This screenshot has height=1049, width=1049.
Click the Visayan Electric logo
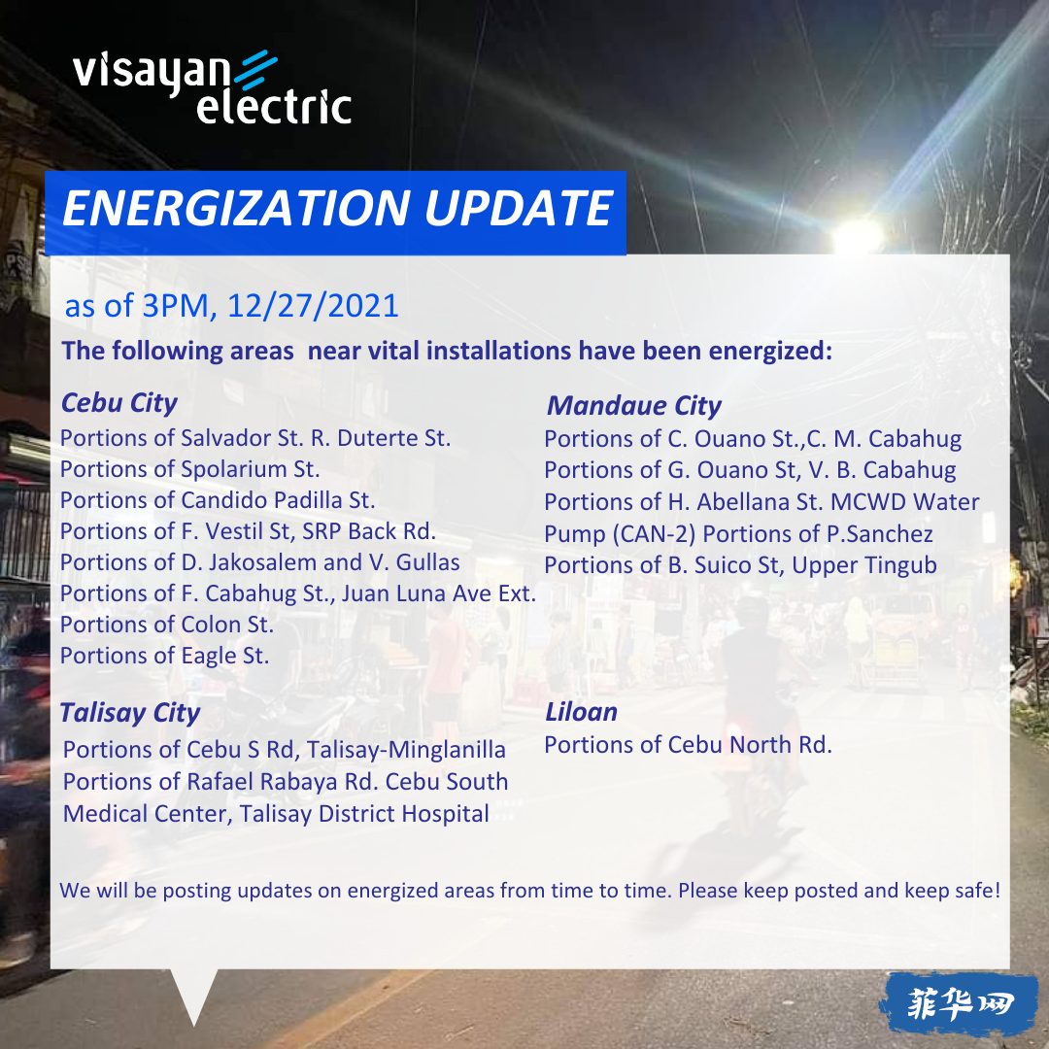pyautogui.click(x=212, y=87)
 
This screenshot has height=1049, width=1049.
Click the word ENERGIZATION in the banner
pyautogui.click(x=235, y=208)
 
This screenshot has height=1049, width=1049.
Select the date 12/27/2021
pyautogui.click(x=313, y=306)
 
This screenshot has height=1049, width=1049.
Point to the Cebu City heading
pyautogui.click(x=119, y=403)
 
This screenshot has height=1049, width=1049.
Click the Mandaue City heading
pyautogui.click(x=634, y=405)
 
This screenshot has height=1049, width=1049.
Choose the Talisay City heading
pyautogui.click(x=130, y=713)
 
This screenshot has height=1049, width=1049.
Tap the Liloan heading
pyautogui.click(x=582, y=712)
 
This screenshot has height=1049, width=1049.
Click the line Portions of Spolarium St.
pyautogui.click(x=190, y=469)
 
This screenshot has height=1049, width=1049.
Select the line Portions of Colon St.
pyautogui.click(x=167, y=625)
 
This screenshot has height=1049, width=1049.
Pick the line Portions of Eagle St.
pyautogui.click(x=164, y=656)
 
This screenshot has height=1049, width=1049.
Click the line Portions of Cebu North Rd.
pyautogui.click(x=689, y=745)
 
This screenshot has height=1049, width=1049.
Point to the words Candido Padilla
pyautogui.click(x=261, y=500)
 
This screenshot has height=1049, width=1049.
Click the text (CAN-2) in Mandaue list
pyautogui.click(x=655, y=534)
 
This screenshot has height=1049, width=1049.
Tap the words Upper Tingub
pyautogui.click(x=864, y=565)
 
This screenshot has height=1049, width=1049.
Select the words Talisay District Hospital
pyautogui.click(x=364, y=814)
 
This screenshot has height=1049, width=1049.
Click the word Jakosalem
pyautogui.click(x=262, y=562)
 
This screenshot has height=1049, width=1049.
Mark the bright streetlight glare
pyautogui.click(x=857, y=236)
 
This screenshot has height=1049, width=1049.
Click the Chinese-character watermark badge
pyautogui.click(x=960, y=1003)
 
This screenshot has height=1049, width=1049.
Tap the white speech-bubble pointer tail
pyautogui.click(x=194, y=994)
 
